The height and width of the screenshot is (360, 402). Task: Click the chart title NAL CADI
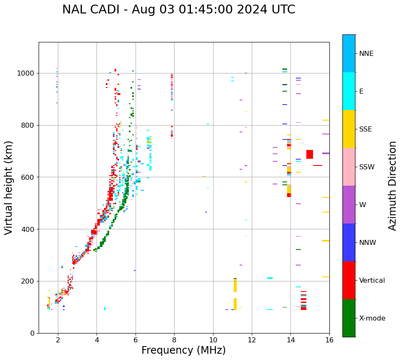[x=178, y=10]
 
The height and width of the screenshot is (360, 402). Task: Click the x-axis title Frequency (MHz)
[x=183, y=350]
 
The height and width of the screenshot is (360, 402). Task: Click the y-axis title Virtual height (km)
[x=9, y=187]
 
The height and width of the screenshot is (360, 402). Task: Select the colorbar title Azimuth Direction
[x=392, y=185]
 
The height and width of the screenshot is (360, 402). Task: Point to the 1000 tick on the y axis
[x=28, y=74]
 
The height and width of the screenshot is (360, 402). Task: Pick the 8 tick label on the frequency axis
[x=174, y=340]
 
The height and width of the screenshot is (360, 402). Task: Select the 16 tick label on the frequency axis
[x=329, y=340]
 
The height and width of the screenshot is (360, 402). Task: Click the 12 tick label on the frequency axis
[x=252, y=340]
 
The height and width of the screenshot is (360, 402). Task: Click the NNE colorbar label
[x=366, y=54]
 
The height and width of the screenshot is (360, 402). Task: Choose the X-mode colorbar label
[x=372, y=318]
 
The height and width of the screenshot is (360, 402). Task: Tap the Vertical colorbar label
[x=372, y=281]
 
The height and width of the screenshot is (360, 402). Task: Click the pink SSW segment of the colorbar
[x=349, y=167]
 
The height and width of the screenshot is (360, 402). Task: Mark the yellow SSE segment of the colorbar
[x=349, y=129]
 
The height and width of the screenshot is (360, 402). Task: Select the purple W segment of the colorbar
[x=349, y=205]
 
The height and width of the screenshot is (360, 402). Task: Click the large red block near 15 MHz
[x=310, y=154]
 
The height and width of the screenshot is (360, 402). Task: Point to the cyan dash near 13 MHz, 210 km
[x=270, y=278]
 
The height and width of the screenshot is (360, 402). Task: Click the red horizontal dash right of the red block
[x=318, y=166]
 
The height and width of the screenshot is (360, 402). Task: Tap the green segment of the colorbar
[x=349, y=318]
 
